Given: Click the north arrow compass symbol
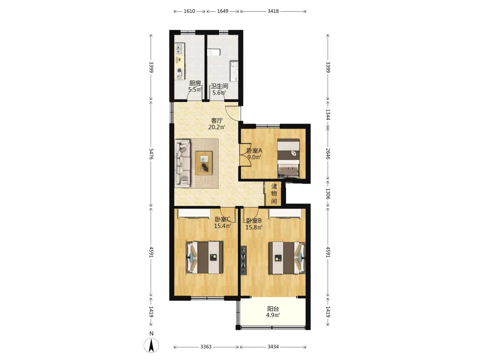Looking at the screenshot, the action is click(x=151, y=345).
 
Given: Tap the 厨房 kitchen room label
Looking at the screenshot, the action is click(x=195, y=83).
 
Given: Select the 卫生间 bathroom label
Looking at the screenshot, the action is click(x=219, y=86).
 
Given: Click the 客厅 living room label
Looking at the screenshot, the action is click(x=217, y=121).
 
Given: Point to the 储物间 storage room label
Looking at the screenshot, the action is click(x=274, y=194).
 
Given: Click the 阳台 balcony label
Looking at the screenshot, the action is click(x=273, y=309).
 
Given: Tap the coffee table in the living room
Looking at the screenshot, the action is click(x=204, y=163).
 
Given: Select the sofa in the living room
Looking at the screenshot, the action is click(x=182, y=163).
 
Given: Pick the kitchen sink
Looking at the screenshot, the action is click(x=179, y=49).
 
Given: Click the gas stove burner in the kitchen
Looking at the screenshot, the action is click(x=179, y=73).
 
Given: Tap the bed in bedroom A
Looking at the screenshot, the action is click(x=288, y=158).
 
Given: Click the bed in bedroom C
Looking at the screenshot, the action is click(x=205, y=257).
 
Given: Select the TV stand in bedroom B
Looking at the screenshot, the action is click(x=244, y=261).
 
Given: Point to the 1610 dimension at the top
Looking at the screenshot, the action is click(x=189, y=11).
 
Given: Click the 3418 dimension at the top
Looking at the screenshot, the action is click(x=273, y=11).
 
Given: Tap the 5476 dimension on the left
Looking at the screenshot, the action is click(x=151, y=154).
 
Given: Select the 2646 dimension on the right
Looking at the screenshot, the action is click(x=328, y=154).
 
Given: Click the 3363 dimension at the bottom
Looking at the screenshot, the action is click(x=206, y=347).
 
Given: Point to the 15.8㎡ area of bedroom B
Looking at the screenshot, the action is click(x=254, y=227).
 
